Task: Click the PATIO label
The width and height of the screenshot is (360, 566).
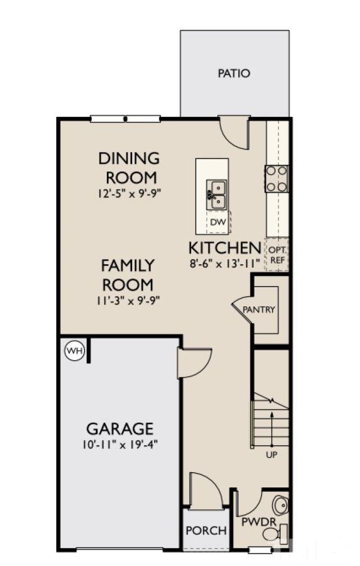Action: click(x=234, y=74)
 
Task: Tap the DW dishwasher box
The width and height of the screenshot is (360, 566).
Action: click(x=218, y=223)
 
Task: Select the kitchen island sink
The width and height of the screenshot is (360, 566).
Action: click(x=217, y=194)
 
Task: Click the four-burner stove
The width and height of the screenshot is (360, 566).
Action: click(x=277, y=179)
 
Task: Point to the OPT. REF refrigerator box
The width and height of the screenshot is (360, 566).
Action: click(x=277, y=255)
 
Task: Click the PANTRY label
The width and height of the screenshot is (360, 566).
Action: click(x=259, y=310)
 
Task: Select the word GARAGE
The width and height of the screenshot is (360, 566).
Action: click(x=119, y=429)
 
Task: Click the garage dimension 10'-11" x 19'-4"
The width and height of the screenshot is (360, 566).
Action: click(x=119, y=444)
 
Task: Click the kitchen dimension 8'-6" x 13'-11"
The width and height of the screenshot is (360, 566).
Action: click(x=225, y=262)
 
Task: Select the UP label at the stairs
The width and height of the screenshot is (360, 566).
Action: click(x=271, y=454)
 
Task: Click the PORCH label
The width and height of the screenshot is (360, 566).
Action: click(x=206, y=530)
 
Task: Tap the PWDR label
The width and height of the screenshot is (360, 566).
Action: click(x=259, y=522)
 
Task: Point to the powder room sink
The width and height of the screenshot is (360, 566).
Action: click(x=280, y=502)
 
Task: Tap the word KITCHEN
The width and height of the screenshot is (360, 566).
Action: click(x=224, y=247)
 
